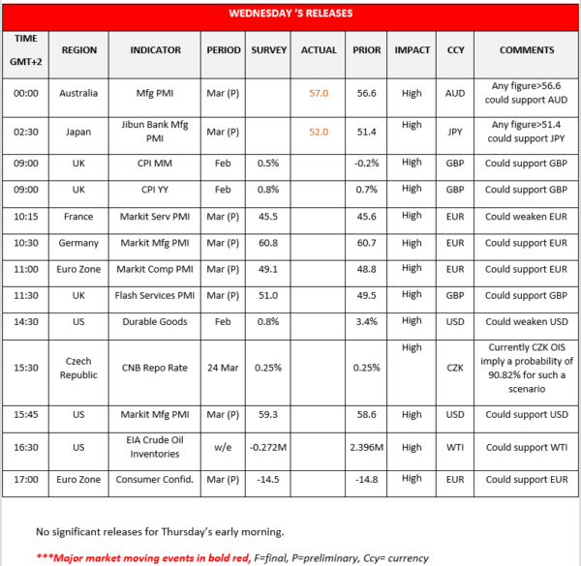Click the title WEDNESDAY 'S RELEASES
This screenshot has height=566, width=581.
point(290,14)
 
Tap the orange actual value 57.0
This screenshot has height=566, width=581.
point(319,93)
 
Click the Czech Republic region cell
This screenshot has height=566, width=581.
point(78,369)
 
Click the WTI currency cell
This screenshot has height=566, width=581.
point(454,448)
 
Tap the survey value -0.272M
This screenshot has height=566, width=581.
point(268,448)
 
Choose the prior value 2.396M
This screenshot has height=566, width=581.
point(367,448)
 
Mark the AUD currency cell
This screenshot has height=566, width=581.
point(454,93)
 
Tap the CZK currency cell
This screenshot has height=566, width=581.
point(454,369)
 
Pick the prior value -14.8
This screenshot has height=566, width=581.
point(367,478)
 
